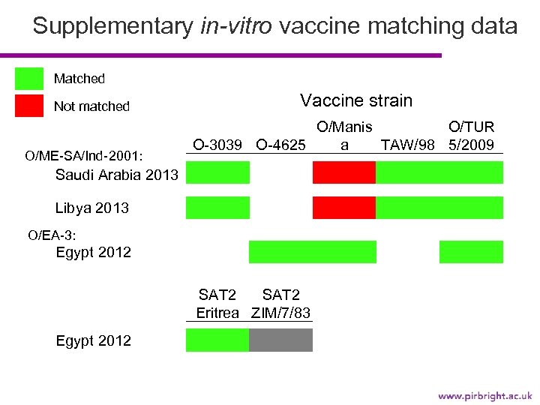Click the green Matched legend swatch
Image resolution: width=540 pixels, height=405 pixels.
coord(29,79)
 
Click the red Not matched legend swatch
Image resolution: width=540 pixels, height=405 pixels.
coord(29,106)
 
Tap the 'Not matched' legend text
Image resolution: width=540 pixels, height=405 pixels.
coord(91,106)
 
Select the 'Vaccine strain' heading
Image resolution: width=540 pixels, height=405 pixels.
coord(356,100)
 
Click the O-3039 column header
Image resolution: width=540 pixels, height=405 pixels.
coord(218,144)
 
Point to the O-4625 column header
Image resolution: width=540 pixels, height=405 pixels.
coord(280,144)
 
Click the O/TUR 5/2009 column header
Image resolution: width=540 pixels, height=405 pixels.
coord(471,136)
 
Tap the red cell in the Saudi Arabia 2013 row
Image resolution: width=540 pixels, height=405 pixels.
coord(343,172)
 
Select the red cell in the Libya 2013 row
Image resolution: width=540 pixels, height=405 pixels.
coord(343,207)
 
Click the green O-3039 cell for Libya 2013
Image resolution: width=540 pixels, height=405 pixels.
coord(217,207)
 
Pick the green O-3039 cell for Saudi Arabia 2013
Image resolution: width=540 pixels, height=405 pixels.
coord(217,172)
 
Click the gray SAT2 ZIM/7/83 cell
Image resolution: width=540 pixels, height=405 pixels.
coord(280,340)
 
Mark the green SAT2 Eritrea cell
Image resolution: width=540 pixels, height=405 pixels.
coord(217,340)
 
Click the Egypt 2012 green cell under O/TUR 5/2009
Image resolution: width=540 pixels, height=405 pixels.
coord(471,252)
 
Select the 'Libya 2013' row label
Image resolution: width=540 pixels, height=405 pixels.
coord(92,208)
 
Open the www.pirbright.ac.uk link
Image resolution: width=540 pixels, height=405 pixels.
coord(484,394)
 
